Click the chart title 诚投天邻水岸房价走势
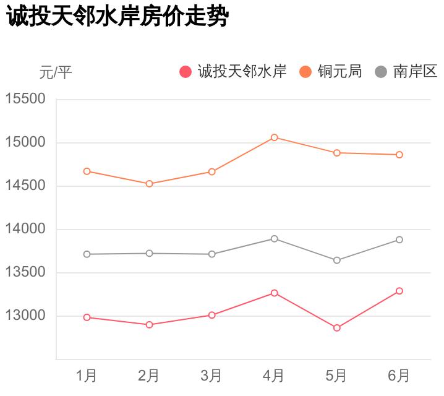click(117, 17)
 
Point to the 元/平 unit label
click(56, 73)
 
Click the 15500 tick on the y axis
click(25, 99)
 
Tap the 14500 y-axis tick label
click(25, 186)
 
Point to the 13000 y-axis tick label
click(25, 316)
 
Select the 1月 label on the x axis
click(87, 375)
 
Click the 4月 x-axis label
click(274, 375)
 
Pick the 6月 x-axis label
click(399, 375)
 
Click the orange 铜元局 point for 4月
click(274, 137)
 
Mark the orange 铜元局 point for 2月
click(149, 184)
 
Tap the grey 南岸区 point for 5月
click(337, 260)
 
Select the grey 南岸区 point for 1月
click(87, 254)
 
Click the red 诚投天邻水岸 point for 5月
click(337, 328)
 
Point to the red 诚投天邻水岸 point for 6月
click(399, 291)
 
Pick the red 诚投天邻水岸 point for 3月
click(211, 315)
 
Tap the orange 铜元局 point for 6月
click(399, 155)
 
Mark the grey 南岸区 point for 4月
click(274, 239)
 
